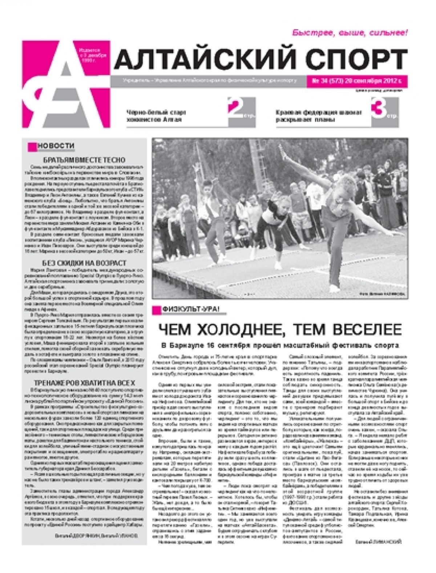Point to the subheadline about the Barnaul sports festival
click(280, 345)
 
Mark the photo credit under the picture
click(381, 294)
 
